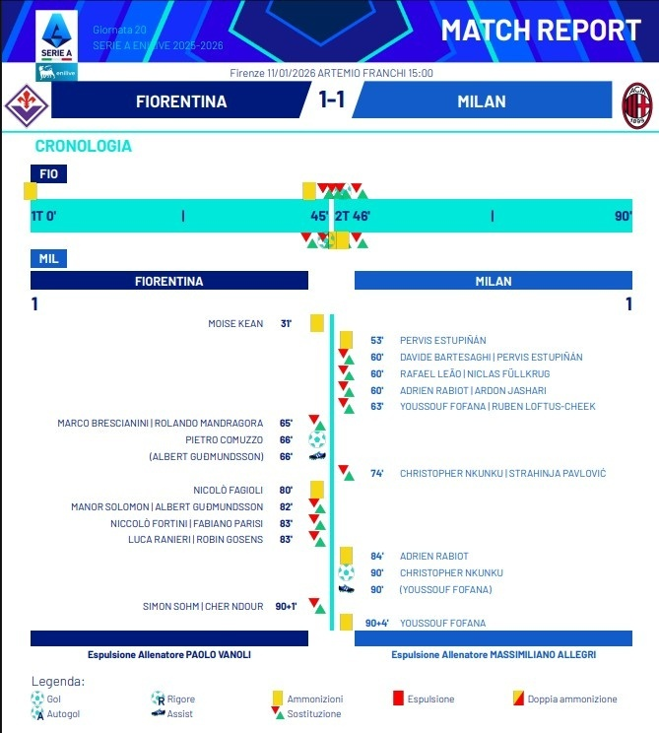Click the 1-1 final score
pos(331,101)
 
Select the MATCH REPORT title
pos(541,30)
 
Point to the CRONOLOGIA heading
pos(83,146)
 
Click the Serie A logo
pos(57,36)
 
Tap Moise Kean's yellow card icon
pos(317,323)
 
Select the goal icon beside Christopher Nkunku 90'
pos(346,572)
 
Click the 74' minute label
pos(376,473)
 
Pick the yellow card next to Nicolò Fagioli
pos(317,490)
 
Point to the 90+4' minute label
pos(377,623)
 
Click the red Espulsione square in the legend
pos(398,700)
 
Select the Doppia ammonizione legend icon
pos(518,700)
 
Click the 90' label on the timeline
pos(623,216)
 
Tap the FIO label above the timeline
pos(48,173)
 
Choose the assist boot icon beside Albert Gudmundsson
pos(317,456)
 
